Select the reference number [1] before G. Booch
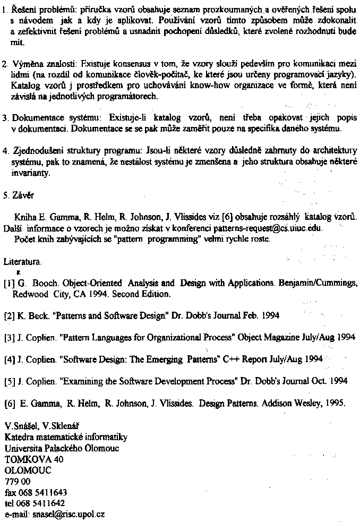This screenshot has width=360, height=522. click(x=9, y=284)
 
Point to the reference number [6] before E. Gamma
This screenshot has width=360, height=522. click(x=9, y=403)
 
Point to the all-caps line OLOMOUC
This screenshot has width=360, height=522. click(x=25, y=470)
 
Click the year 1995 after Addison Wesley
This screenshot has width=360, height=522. click(x=334, y=403)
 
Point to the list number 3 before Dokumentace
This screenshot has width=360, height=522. click(x=5, y=117)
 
